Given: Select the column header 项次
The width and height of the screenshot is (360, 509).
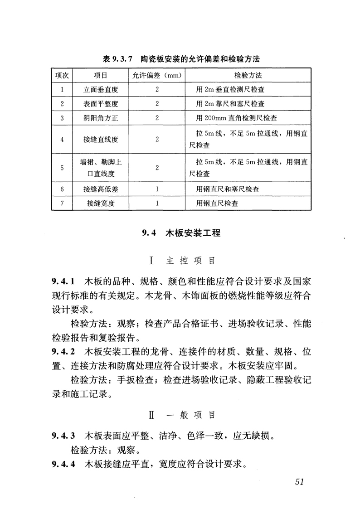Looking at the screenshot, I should [62, 75].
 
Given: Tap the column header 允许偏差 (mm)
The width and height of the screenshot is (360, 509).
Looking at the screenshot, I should [157, 75].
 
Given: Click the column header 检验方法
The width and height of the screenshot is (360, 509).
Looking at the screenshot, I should [248, 75].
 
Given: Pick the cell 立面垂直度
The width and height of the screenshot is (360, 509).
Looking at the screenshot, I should [101, 89].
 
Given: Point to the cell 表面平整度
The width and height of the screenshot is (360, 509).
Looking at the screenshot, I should [101, 104].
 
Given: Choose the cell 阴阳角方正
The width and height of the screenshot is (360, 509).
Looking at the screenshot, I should [101, 118].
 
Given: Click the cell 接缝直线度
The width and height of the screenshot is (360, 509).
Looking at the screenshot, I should [101, 139].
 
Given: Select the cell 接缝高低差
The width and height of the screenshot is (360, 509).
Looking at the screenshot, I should [101, 189].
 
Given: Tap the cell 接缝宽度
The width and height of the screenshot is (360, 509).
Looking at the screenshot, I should [101, 204].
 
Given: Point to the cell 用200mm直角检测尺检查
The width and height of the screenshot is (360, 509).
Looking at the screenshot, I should [237, 118].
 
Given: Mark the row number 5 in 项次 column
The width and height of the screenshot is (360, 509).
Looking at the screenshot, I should [62, 168].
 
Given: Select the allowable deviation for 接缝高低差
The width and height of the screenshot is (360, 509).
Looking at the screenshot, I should [157, 189].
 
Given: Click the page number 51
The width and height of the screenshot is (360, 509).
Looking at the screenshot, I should [298, 482].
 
